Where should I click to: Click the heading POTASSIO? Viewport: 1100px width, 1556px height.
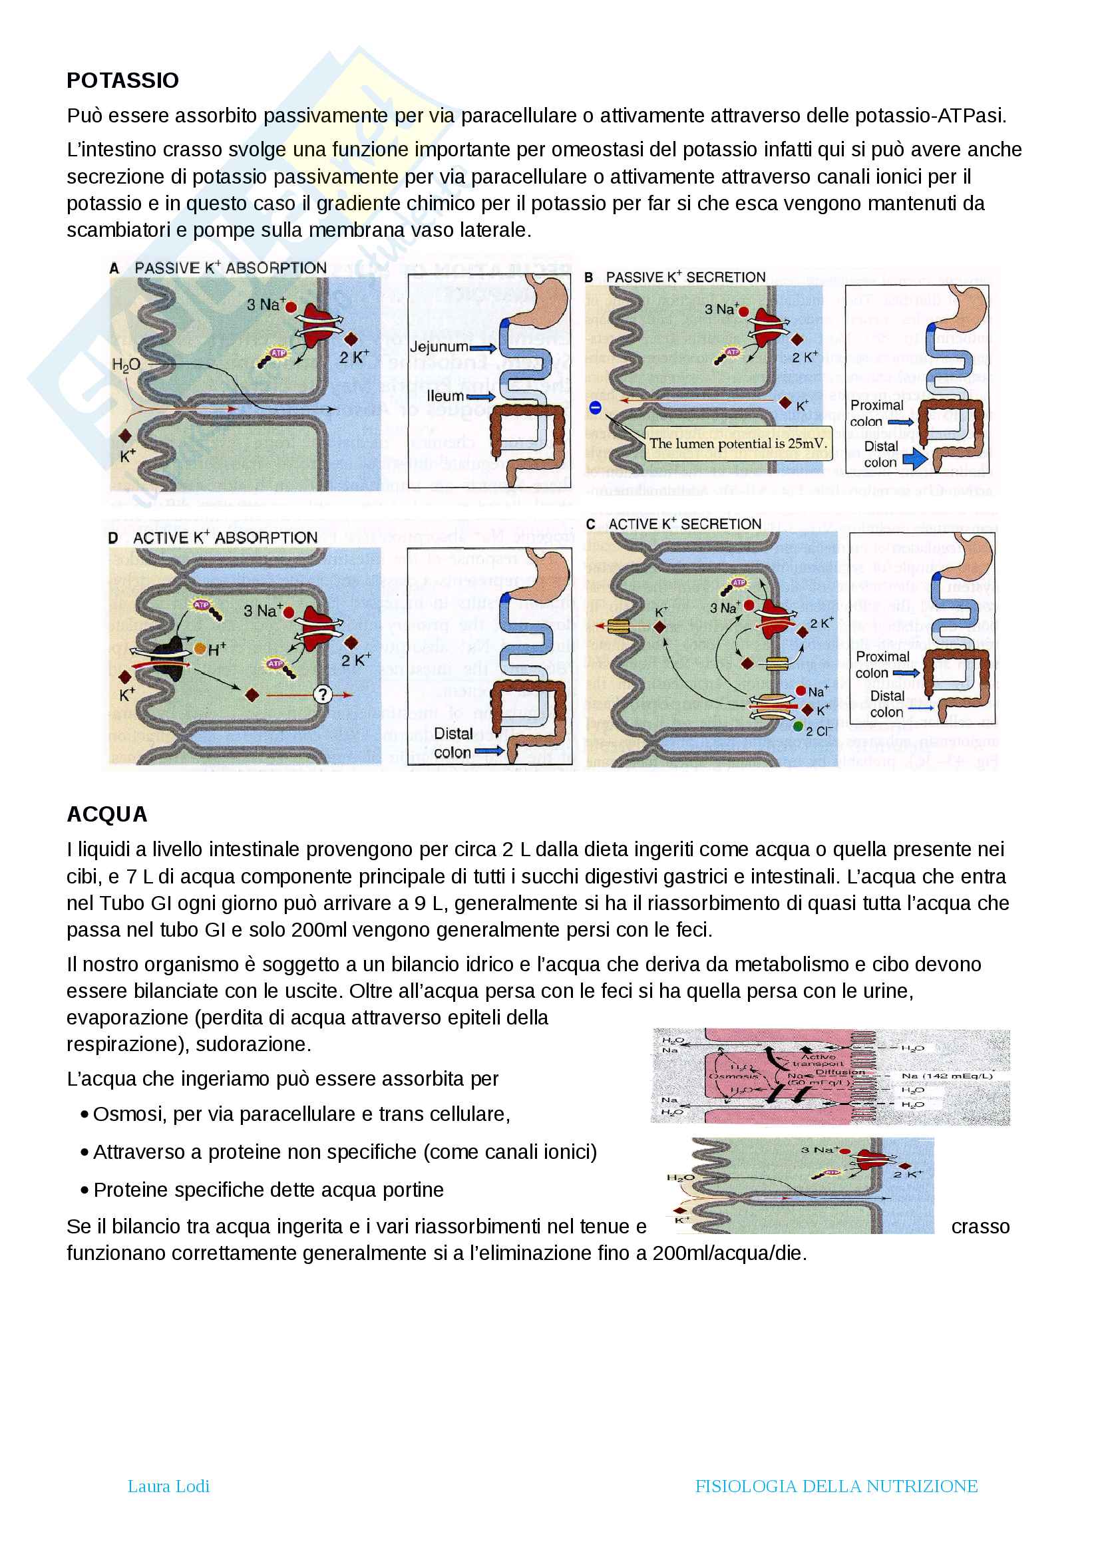[122, 80]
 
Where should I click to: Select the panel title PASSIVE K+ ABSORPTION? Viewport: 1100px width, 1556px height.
[230, 268]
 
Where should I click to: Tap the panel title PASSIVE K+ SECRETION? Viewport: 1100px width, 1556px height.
[685, 277]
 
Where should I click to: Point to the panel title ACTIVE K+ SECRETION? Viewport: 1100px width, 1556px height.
[685, 524]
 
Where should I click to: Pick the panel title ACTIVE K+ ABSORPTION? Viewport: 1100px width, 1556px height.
[225, 538]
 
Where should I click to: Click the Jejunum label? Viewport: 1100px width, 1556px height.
[439, 347]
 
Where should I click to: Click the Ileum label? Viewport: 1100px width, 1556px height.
[445, 396]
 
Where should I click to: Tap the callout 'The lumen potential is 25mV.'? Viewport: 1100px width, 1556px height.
[738, 444]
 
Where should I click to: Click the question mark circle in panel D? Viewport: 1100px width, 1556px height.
[323, 694]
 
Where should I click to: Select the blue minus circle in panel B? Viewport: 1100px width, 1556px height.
[595, 408]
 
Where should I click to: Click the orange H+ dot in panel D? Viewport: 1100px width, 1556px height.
[200, 649]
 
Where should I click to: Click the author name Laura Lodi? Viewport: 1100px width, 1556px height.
[169, 1486]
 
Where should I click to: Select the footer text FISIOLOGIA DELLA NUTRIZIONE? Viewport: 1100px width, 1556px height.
[836, 1486]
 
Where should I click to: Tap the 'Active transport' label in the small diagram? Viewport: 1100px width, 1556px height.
[819, 1060]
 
